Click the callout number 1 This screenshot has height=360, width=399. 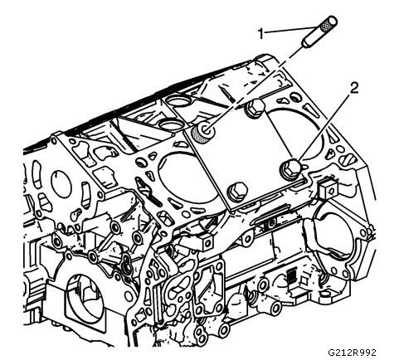coord(260,34)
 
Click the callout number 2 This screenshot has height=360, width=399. coord(354,89)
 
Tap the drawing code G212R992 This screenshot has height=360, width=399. coord(352,353)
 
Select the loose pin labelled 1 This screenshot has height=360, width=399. coord(319,32)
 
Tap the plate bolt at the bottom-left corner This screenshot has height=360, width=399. coord(236,191)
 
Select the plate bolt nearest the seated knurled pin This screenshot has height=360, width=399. coord(255,109)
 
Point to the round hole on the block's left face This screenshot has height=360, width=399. coord(61,182)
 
